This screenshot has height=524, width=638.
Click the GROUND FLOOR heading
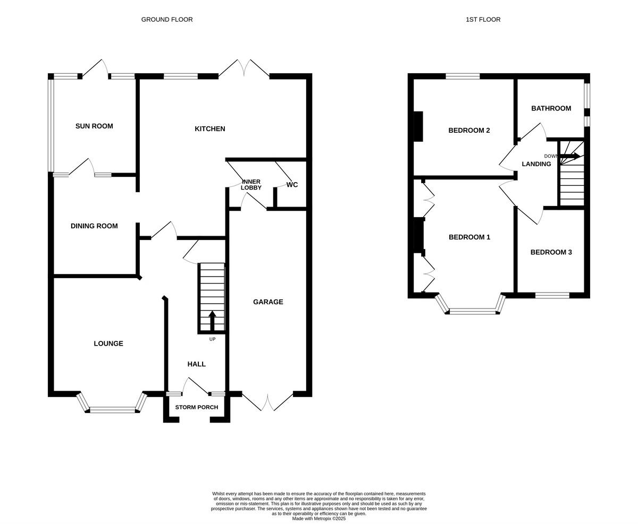[167, 20]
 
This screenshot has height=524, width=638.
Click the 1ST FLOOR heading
[483, 20]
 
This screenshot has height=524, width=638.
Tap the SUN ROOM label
[94, 126]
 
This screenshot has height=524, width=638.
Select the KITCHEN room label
[210, 129]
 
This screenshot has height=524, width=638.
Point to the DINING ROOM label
[94, 226]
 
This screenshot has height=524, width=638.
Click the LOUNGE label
[108, 344]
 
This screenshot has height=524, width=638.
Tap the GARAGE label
[268, 302]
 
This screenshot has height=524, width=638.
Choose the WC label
[292, 185]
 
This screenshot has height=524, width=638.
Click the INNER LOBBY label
[251, 185]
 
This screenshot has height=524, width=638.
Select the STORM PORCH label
[197, 407]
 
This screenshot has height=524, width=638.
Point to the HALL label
[196, 364]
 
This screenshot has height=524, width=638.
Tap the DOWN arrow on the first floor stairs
[570, 156]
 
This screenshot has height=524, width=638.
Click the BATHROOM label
[551, 108]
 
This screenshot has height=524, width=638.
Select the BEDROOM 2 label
[469, 131]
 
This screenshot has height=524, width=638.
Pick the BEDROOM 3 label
[551, 252]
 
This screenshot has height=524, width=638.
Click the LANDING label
[536, 164]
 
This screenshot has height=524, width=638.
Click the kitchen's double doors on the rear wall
[244, 68]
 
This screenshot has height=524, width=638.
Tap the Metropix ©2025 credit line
[318, 519]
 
